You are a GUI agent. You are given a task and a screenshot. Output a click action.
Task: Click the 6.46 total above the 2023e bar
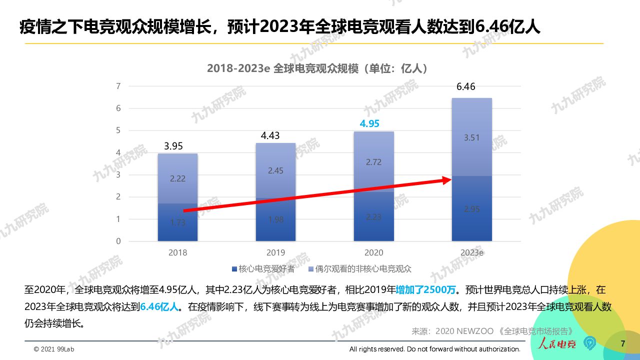pyautogui.click(x=466, y=87)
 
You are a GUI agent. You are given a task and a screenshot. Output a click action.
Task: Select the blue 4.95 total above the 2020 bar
pyautogui.click(x=370, y=123)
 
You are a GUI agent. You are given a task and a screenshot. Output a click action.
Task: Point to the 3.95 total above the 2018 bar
pyautogui.click(x=173, y=146)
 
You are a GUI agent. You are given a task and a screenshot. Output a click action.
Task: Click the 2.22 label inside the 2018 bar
pyautogui.click(x=177, y=179)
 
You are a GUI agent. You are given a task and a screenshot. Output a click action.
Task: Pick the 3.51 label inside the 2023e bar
pyautogui.click(x=471, y=138)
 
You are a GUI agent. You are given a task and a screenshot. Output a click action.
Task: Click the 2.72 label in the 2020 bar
pyautogui.click(x=373, y=162)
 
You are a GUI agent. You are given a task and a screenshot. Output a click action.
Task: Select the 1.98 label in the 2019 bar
pyautogui.click(x=275, y=220)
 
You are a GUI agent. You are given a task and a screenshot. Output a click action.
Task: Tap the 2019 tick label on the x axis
pyautogui.click(x=275, y=252)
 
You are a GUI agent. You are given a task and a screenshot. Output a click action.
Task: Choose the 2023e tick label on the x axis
pyautogui.click(x=471, y=252)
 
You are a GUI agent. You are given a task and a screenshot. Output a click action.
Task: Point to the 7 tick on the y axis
pyautogui.click(x=118, y=86)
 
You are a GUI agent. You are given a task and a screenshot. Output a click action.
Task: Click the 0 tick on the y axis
pyautogui.click(x=118, y=241)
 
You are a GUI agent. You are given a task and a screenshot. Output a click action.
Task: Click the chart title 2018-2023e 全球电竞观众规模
pyautogui.click(x=317, y=68)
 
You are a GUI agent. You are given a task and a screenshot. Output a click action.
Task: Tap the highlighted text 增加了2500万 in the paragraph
pyautogui.click(x=426, y=290)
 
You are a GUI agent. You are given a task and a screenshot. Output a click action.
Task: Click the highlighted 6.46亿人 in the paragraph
pyautogui.click(x=159, y=306)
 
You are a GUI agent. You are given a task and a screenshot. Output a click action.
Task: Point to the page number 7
pyautogui.click(x=622, y=343)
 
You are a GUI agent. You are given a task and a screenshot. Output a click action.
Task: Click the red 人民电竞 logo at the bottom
pyautogui.click(x=556, y=343)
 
